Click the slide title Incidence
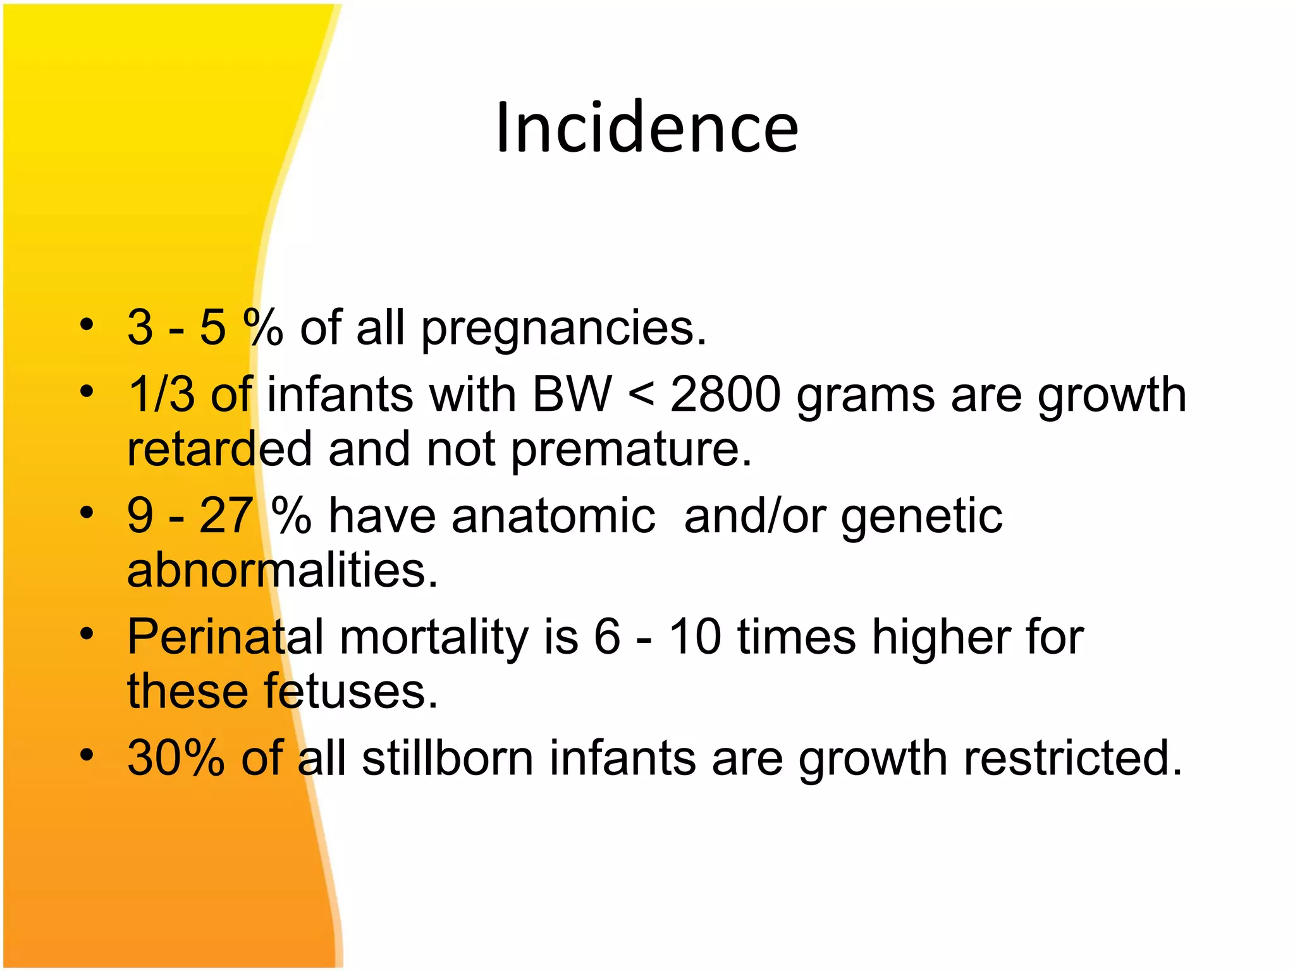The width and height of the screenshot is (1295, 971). (647, 128)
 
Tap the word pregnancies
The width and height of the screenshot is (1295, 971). (563, 329)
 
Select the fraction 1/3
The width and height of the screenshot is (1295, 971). (161, 394)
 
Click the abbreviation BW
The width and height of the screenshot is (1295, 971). (572, 394)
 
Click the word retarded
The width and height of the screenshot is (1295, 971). (219, 449)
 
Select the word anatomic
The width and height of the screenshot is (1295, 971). (553, 516)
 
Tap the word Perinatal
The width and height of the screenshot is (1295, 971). (226, 637)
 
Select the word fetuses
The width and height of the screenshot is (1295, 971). (351, 692)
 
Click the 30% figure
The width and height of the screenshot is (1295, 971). (176, 757)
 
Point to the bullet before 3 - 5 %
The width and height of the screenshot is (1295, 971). (87, 326)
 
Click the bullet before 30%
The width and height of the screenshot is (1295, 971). (87, 755)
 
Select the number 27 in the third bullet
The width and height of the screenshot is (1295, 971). (226, 516)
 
